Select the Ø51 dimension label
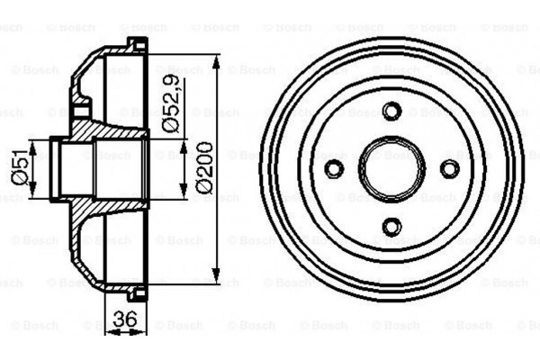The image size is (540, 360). point(18,167)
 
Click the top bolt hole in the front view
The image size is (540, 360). point(391,112)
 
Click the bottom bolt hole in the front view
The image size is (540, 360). point(391,226)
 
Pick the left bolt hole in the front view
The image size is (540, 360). point(334,168)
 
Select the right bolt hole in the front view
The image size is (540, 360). point(448,168)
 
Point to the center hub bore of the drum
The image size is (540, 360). point(391,168)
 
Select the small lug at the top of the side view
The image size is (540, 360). point(136,44)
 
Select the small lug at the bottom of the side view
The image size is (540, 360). point(136,293)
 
